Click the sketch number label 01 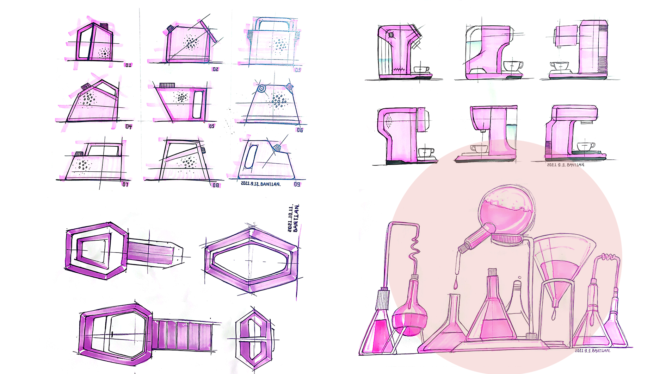tap(128, 65)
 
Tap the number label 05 tap(212, 126)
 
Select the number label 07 tap(125, 184)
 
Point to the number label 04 tap(129, 126)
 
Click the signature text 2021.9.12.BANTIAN tap(261, 184)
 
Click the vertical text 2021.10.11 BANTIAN tap(293, 218)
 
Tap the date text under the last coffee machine tap(566, 165)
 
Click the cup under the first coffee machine tap(422, 69)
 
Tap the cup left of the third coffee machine tap(560, 66)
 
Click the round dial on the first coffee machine tap(391, 35)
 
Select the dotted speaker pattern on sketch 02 tap(191, 43)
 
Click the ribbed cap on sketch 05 tap(167, 85)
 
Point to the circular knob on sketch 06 tap(261, 89)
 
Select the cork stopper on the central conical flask tap(492, 272)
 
